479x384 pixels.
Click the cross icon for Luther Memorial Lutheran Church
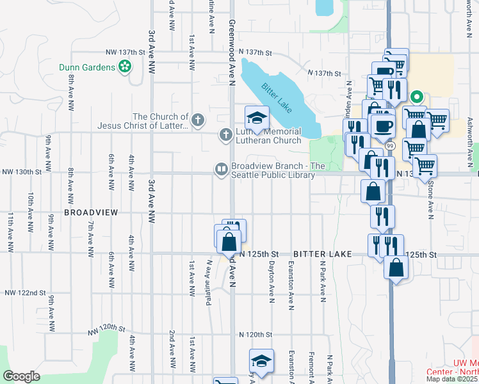coord(225,135)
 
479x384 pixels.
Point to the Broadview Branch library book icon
coord(221,169)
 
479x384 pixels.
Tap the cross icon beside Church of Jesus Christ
coord(199,119)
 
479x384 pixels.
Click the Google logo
coord(21,376)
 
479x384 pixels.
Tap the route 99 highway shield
coord(390,146)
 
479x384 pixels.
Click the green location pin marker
coord(416,98)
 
